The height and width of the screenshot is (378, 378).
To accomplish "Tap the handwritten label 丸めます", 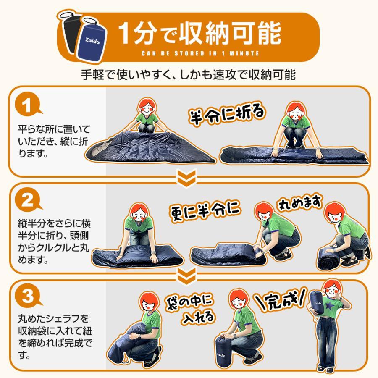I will pyautogui.click(x=300, y=202).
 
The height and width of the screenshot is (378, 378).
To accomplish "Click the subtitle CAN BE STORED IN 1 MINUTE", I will pyautogui.click(x=200, y=53).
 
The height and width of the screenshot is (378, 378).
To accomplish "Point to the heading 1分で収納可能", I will pyautogui.click(x=199, y=34).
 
